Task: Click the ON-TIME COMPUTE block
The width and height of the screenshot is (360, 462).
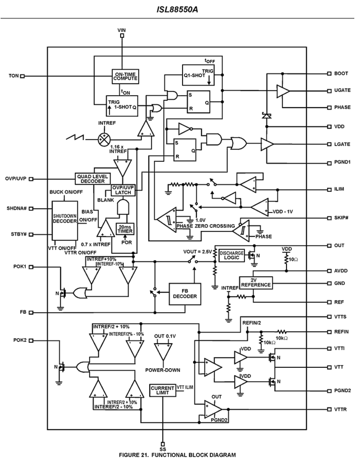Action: pyautogui.click(x=125, y=76)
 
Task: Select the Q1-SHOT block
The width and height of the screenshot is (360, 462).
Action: pyautogui.click(x=198, y=75)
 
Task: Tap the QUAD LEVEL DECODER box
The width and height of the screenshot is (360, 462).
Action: pyautogui.click(x=93, y=179)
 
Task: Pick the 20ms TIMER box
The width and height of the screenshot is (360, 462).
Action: pyautogui.click(x=125, y=229)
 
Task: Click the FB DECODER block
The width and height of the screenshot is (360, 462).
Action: pyautogui.click(x=185, y=294)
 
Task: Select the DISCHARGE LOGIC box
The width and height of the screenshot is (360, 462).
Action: pyautogui.click(x=232, y=255)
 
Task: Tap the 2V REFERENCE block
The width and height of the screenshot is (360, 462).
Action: pyautogui.click(x=256, y=283)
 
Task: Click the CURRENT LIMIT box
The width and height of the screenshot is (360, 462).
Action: pyautogui.click(x=163, y=390)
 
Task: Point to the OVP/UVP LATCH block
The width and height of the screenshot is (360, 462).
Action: pyautogui.click(x=123, y=190)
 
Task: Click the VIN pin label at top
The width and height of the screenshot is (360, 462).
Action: pyautogui.click(x=122, y=30)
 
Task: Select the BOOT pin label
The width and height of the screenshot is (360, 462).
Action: pyautogui.click(x=341, y=73)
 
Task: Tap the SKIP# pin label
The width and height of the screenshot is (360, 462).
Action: pyautogui.click(x=341, y=218)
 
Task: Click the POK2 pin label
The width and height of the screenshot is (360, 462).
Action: pyautogui.click(x=20, y=340)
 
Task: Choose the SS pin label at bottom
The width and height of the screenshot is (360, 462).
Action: pyautogui.click(x=163, y=449)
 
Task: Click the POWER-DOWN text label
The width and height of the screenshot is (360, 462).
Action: pyautogui.click(x=163, y=370)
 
